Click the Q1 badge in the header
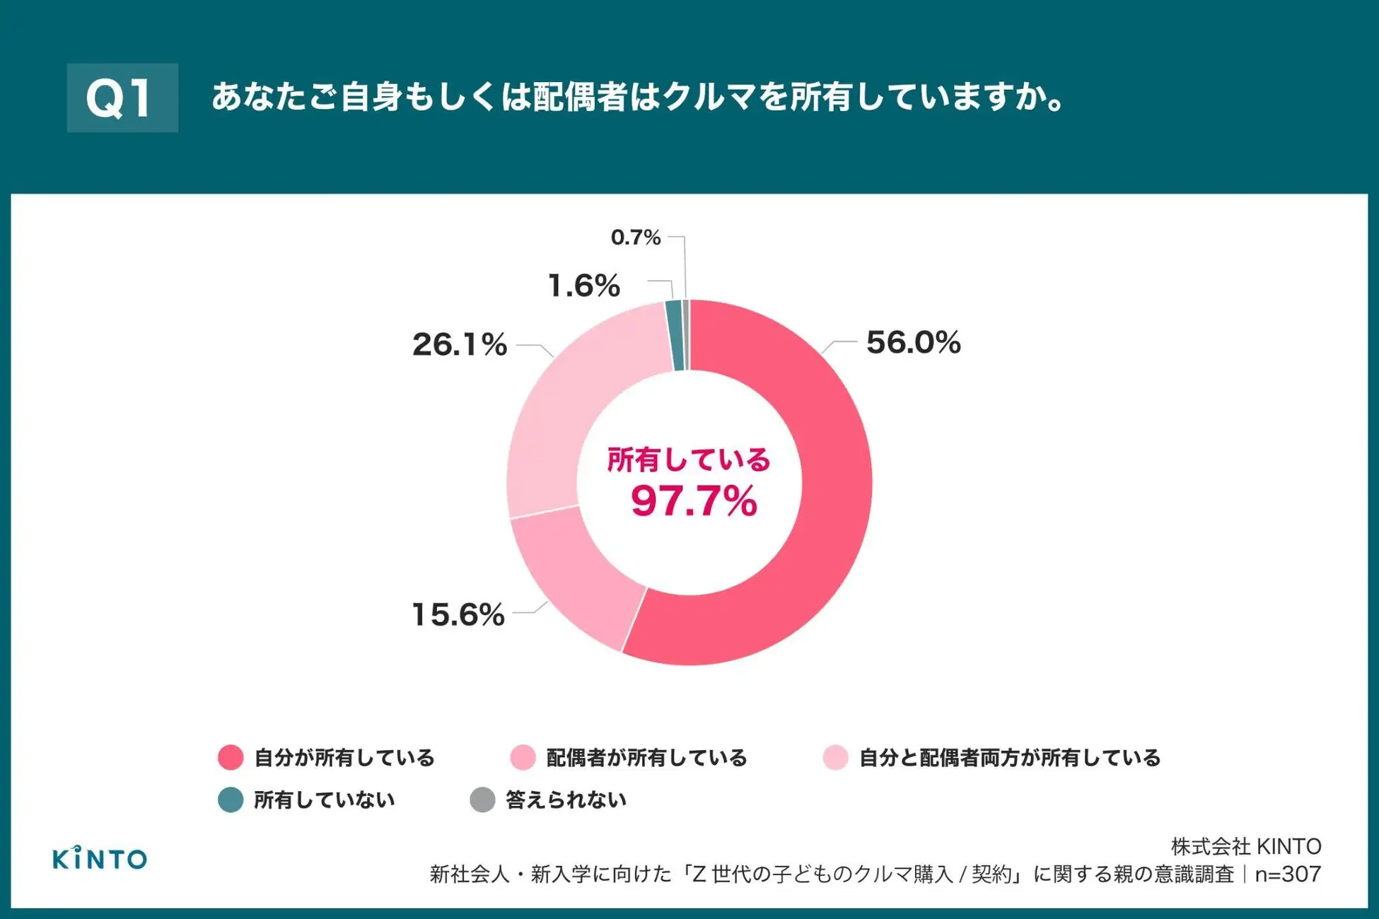tap(122, 98)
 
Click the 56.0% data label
tap(913, 343)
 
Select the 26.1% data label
tap(460, 345)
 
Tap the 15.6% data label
tap(458, 614)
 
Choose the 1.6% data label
tap(584, 286)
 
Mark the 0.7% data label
tap(636, 238)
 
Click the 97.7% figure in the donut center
tap(693, 501)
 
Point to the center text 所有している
tap(689, 460)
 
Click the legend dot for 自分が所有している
tap(231, 757)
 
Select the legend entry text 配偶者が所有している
tap(646, 758)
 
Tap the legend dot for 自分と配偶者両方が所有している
tap(835, 757)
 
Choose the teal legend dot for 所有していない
tap(231, 800)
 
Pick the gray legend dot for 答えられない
tap(482, 800)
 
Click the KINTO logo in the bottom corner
tap(100, 858)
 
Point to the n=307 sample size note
tap(1287, 874)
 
